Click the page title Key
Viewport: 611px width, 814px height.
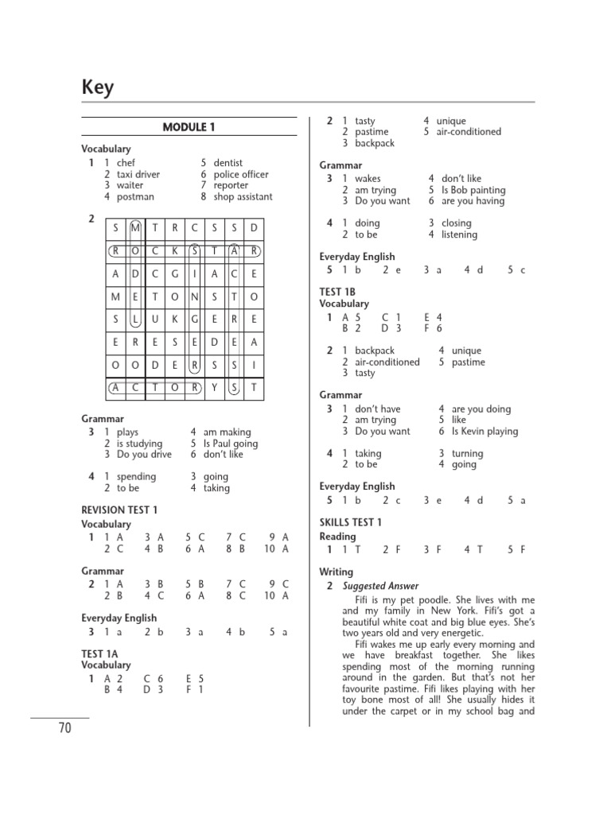point(98,87)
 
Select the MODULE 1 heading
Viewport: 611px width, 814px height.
point(189,127)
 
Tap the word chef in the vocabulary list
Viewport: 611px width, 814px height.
point(126,162)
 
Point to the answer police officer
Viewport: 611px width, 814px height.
point(241,174)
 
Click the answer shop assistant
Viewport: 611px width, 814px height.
point(243,196)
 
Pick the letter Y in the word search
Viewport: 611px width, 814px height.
point(214,388)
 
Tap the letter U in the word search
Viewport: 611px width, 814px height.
point(154,319)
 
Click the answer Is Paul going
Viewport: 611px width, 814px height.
point(231,444)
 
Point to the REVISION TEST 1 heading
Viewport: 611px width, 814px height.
point(119,510)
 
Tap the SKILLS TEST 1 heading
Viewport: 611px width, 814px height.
point(351,522)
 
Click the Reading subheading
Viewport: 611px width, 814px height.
point(337,537)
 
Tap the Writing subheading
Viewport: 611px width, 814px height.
point(336,572)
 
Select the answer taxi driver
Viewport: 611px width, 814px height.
point(138,174)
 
